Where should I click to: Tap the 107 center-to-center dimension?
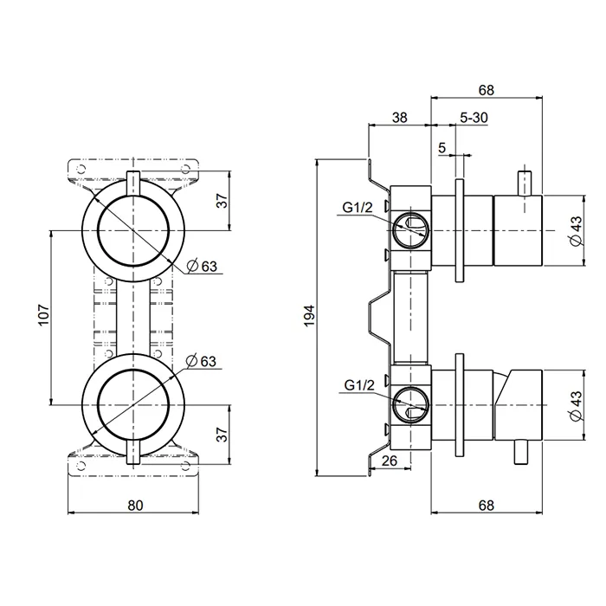(x=43, y=316)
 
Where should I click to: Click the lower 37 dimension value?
(x=222, y=432)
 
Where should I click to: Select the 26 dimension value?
(x=389, y=461)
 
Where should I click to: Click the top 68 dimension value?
(x=486, y=88)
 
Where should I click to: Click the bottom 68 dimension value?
(x=486, y=505)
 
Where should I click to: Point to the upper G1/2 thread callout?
(x=358, y=206)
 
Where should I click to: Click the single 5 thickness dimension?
(x=442, y=148)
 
